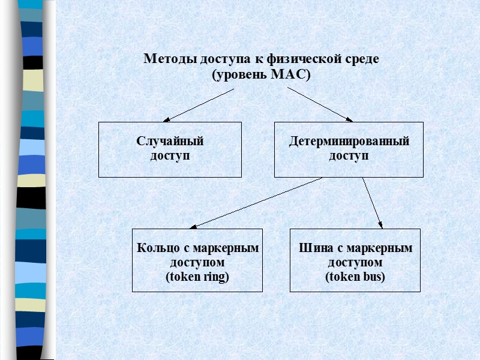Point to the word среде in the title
[362, 59]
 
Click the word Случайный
[170, 142]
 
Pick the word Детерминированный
[349, 142]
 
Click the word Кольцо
[157, 248]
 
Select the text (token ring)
[197, 277]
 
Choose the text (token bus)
[355, 277]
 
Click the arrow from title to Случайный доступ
[199, 105]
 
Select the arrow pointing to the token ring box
[256, 203]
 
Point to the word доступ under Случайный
[170, 156]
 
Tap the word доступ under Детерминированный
[349, 156]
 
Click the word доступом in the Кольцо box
[197, 262]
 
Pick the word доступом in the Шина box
[355, 262]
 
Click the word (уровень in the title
[238, 75]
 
